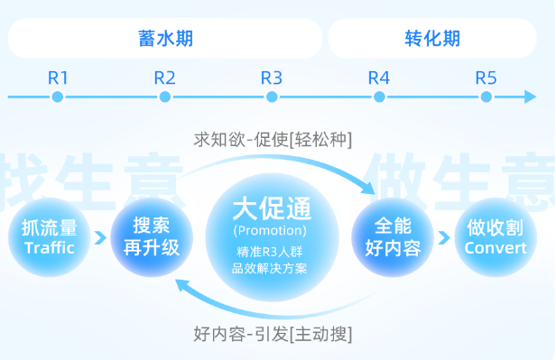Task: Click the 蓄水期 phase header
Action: (x=165, y=39)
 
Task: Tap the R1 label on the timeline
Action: (x=59, y=77)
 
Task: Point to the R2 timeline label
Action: (x=164, y=77)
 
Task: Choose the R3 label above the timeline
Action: (x=272, y=77)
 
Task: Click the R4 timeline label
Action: (x=379, y=77)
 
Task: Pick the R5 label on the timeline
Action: (x=486, y=77)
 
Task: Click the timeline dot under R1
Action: (x=59, y=97)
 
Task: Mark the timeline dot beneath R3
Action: (x=272, y=97)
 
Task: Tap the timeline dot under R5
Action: (x=486, y=97)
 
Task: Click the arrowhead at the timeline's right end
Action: (x=531, y=97)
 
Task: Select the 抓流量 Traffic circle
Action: (x=50, y=237)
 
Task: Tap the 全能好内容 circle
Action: (x=392, y=237)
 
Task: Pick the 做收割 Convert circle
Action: (x=496, y=237)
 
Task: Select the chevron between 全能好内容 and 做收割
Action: (x=443, y=237)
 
